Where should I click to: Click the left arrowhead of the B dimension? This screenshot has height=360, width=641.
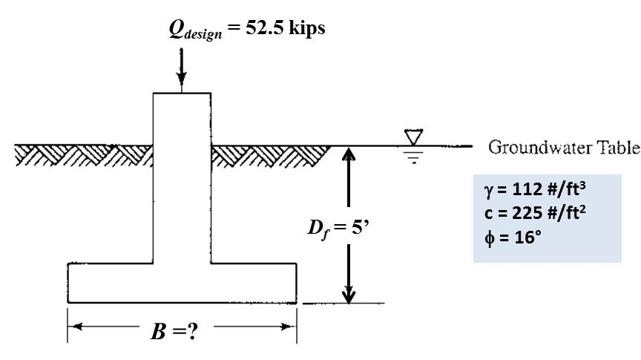tap(73, 327)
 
